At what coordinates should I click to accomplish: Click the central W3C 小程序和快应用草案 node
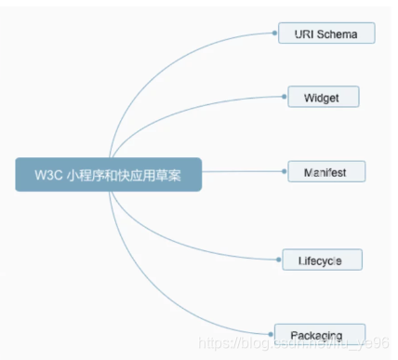(109, 174)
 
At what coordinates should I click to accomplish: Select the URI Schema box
(326, 33)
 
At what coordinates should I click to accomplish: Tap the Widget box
(321, 97)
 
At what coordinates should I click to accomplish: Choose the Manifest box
(325, 172)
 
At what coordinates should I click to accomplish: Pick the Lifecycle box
(322, 260)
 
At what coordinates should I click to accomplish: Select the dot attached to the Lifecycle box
(283, 260)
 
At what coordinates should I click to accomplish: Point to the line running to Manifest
(242, 172)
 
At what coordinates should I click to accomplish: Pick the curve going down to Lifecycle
(177, 236)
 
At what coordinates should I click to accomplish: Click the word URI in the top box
(304, 33)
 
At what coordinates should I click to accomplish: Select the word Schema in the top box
(338, 33)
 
